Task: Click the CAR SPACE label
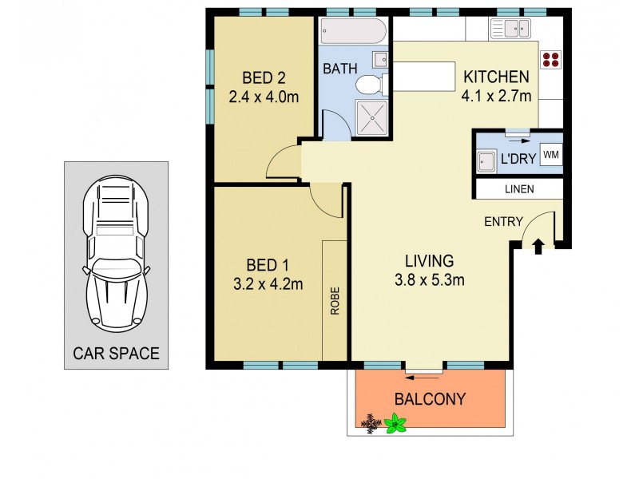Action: tap(116, 352)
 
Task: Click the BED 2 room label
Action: tap(264, 78)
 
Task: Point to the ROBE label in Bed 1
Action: tap(335, 302)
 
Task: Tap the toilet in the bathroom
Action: tap(370, 84)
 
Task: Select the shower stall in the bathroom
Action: tap(370, 119)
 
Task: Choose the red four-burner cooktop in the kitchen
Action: tap(550, 58)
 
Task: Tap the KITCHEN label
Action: tap(496, 77)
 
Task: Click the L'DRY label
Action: tap(517, 159)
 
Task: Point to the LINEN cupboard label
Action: tap(518, 189)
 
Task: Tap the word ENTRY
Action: tap(503, 222)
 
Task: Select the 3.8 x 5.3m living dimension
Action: tap(429, 280)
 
